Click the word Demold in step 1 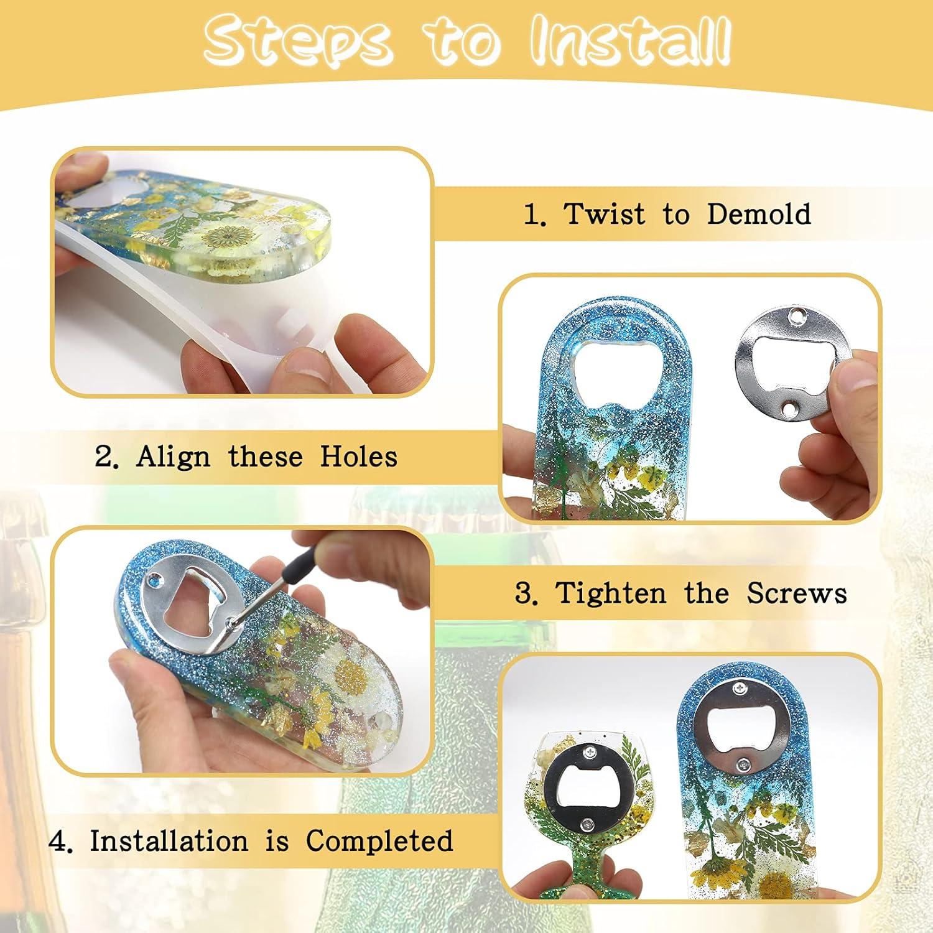pyautogui.click(x=759, y=215)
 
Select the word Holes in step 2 pyautogui.click(x=359, y=457)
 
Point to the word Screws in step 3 pyautogui.click(x=797, y=593)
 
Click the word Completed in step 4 pyautogui.click(x=379, y=841)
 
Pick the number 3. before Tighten pyautogui.click(x=526, y=594)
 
